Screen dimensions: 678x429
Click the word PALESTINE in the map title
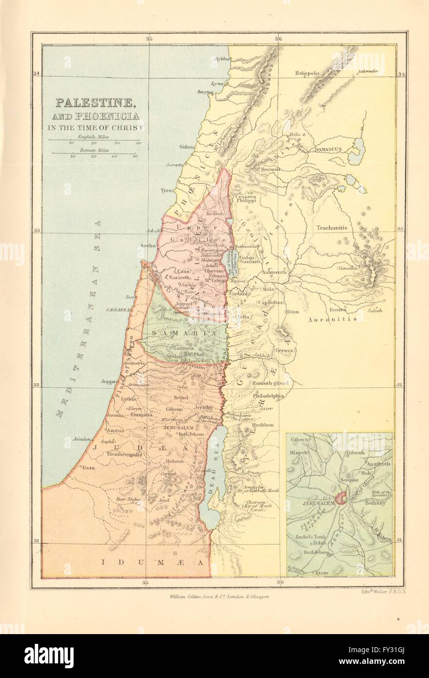(95, 103)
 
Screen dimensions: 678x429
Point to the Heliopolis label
(307, 73)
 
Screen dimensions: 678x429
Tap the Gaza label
(88, 467)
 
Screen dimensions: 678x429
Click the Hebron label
(174, 461)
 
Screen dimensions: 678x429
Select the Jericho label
(203, 407)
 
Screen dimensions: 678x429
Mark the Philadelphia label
(268, 396)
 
